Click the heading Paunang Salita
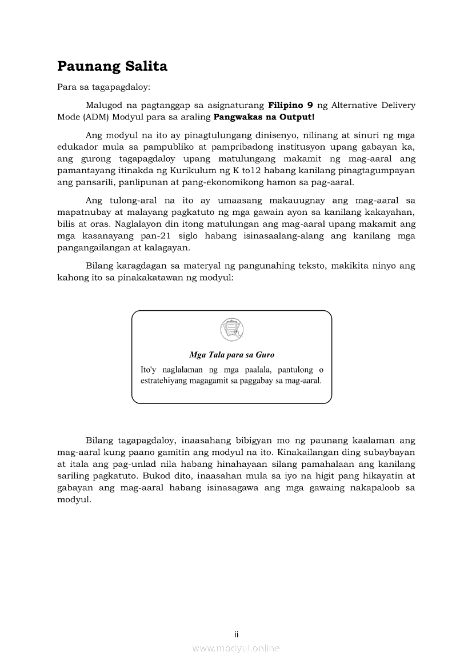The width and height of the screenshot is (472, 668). tap(112, 67)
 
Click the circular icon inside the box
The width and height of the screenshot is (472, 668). tap(231, 329)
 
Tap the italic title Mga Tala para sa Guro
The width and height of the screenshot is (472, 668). tap(231, 355)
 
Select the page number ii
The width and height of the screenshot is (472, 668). tap(236, 634)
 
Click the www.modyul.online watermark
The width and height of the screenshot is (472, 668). tap(236, 648)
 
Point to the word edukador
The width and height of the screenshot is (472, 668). tap(77, 146)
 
